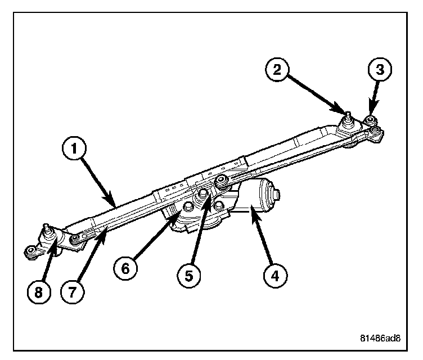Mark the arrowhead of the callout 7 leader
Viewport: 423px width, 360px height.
point(105,231)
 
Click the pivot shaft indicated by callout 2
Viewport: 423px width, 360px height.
point(349,118)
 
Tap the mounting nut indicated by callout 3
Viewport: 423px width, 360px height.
point(371,120)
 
